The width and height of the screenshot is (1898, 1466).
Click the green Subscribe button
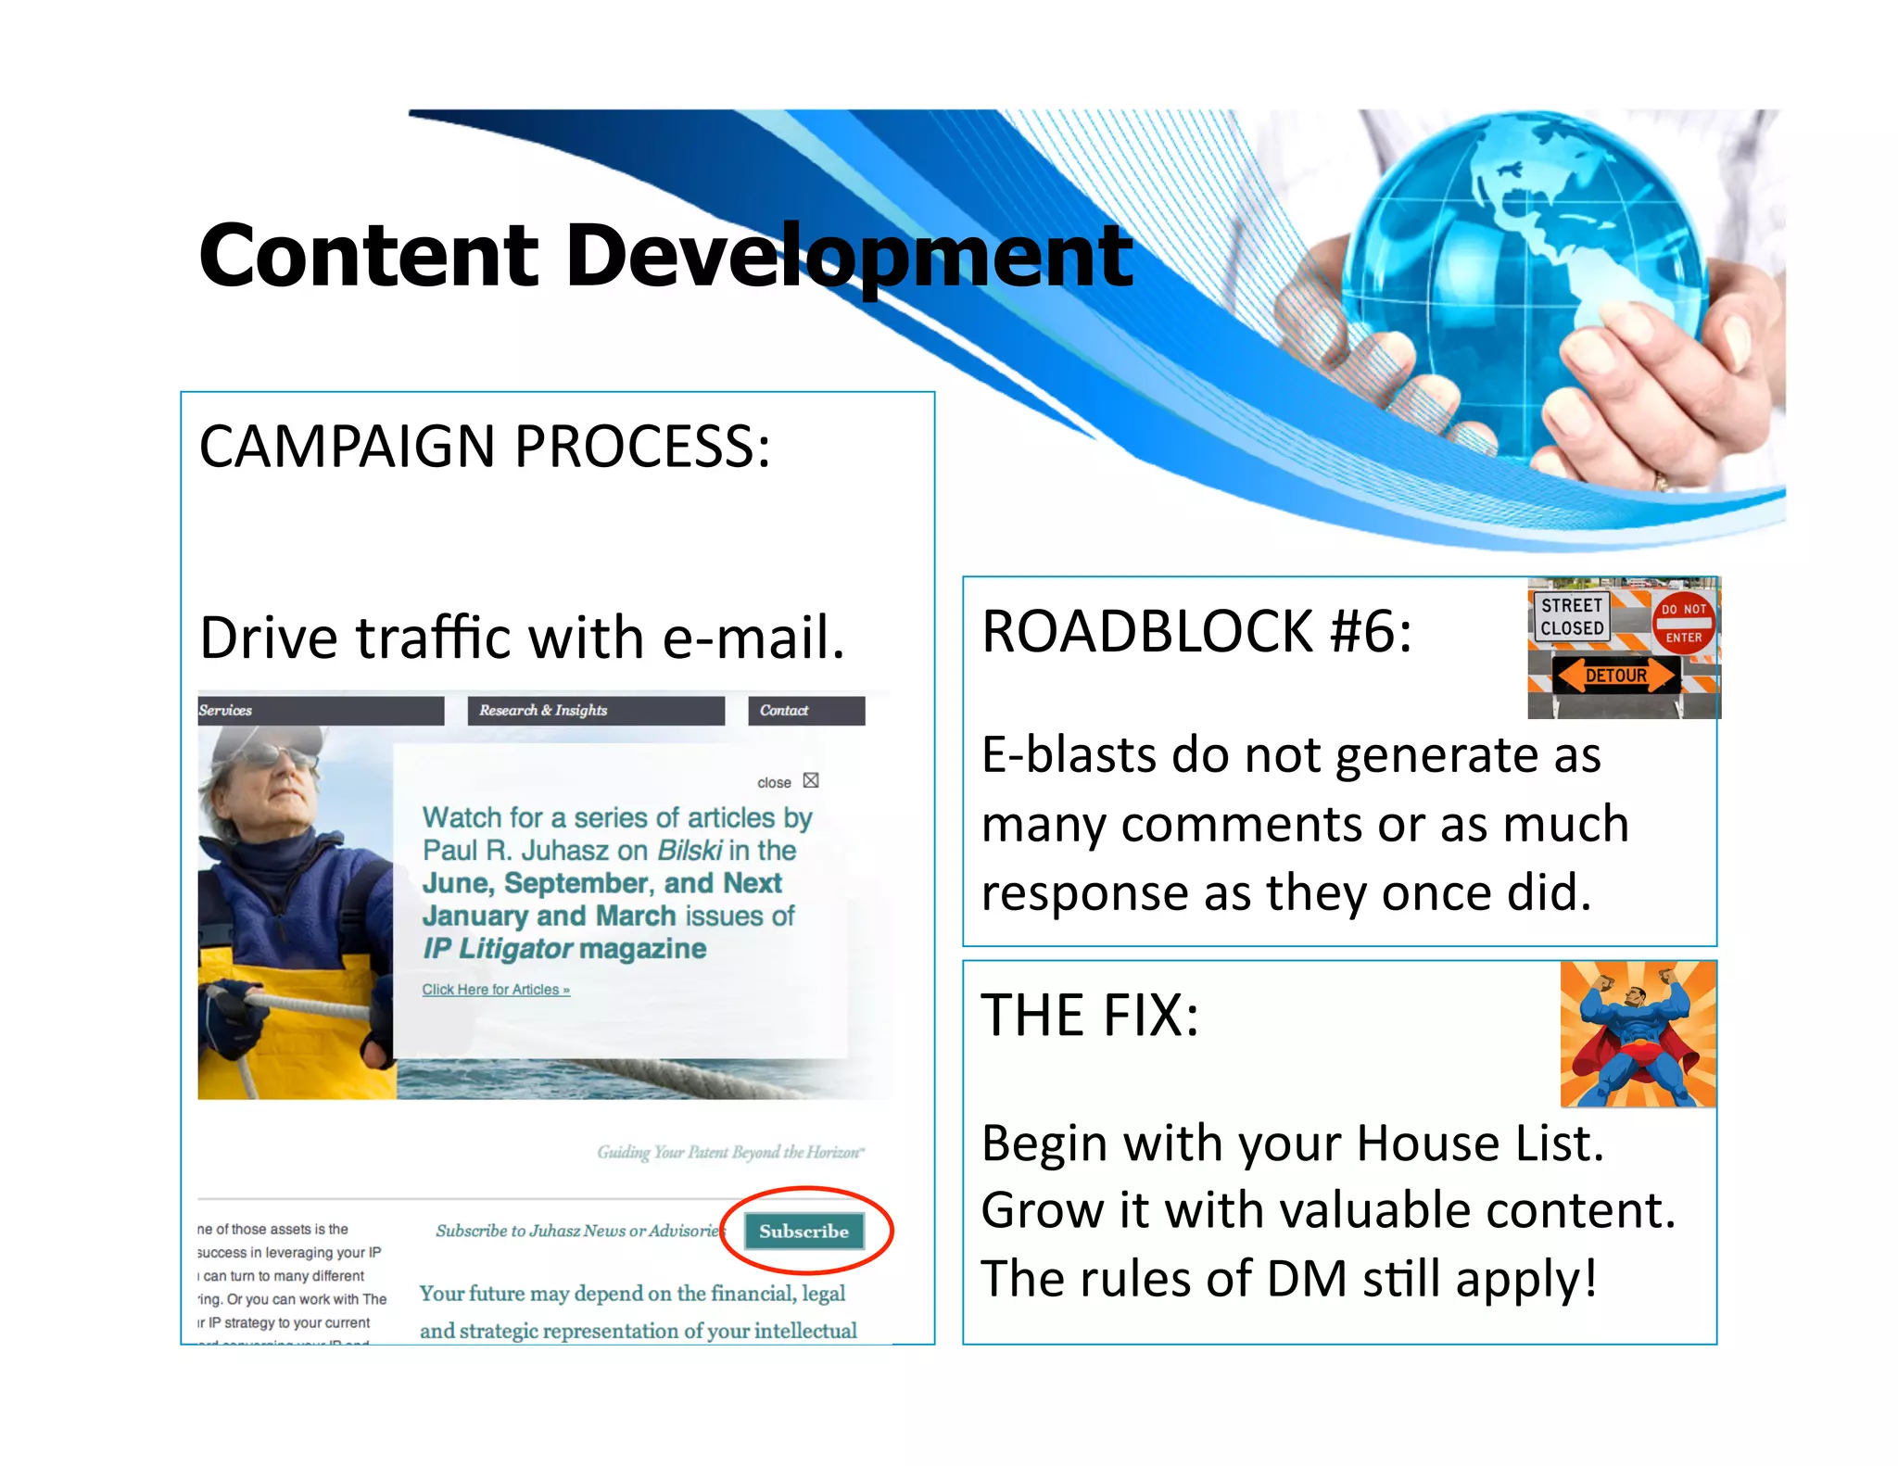tap(803, 1231)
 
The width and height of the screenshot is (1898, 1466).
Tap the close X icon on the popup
tap(811, 780)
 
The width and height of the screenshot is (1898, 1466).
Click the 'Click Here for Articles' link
tap(496, 990)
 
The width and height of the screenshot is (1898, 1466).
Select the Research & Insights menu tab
tap(595, 711)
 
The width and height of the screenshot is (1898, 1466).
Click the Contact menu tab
tap(805, 711)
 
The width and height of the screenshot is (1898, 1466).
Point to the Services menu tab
tap(319, 711)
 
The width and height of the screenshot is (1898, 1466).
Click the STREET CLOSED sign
tap(1572, 616)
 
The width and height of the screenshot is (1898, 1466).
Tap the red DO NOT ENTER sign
tap(1683, 623)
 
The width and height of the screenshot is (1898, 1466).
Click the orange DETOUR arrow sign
tap(1616, 676)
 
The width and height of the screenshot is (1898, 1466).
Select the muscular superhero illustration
tap(1637, 1034)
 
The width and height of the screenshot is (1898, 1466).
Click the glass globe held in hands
tap(1520, 278)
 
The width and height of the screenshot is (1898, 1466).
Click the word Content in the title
tap(368, 255)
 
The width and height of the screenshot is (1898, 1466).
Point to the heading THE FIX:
tap(1090, 1016)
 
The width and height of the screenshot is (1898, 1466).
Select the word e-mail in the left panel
tap(753, 638)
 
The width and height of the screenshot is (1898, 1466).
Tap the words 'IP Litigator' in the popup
tap(499, 949)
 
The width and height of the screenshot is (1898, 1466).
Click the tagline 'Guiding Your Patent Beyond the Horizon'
tap(730, 1153)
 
